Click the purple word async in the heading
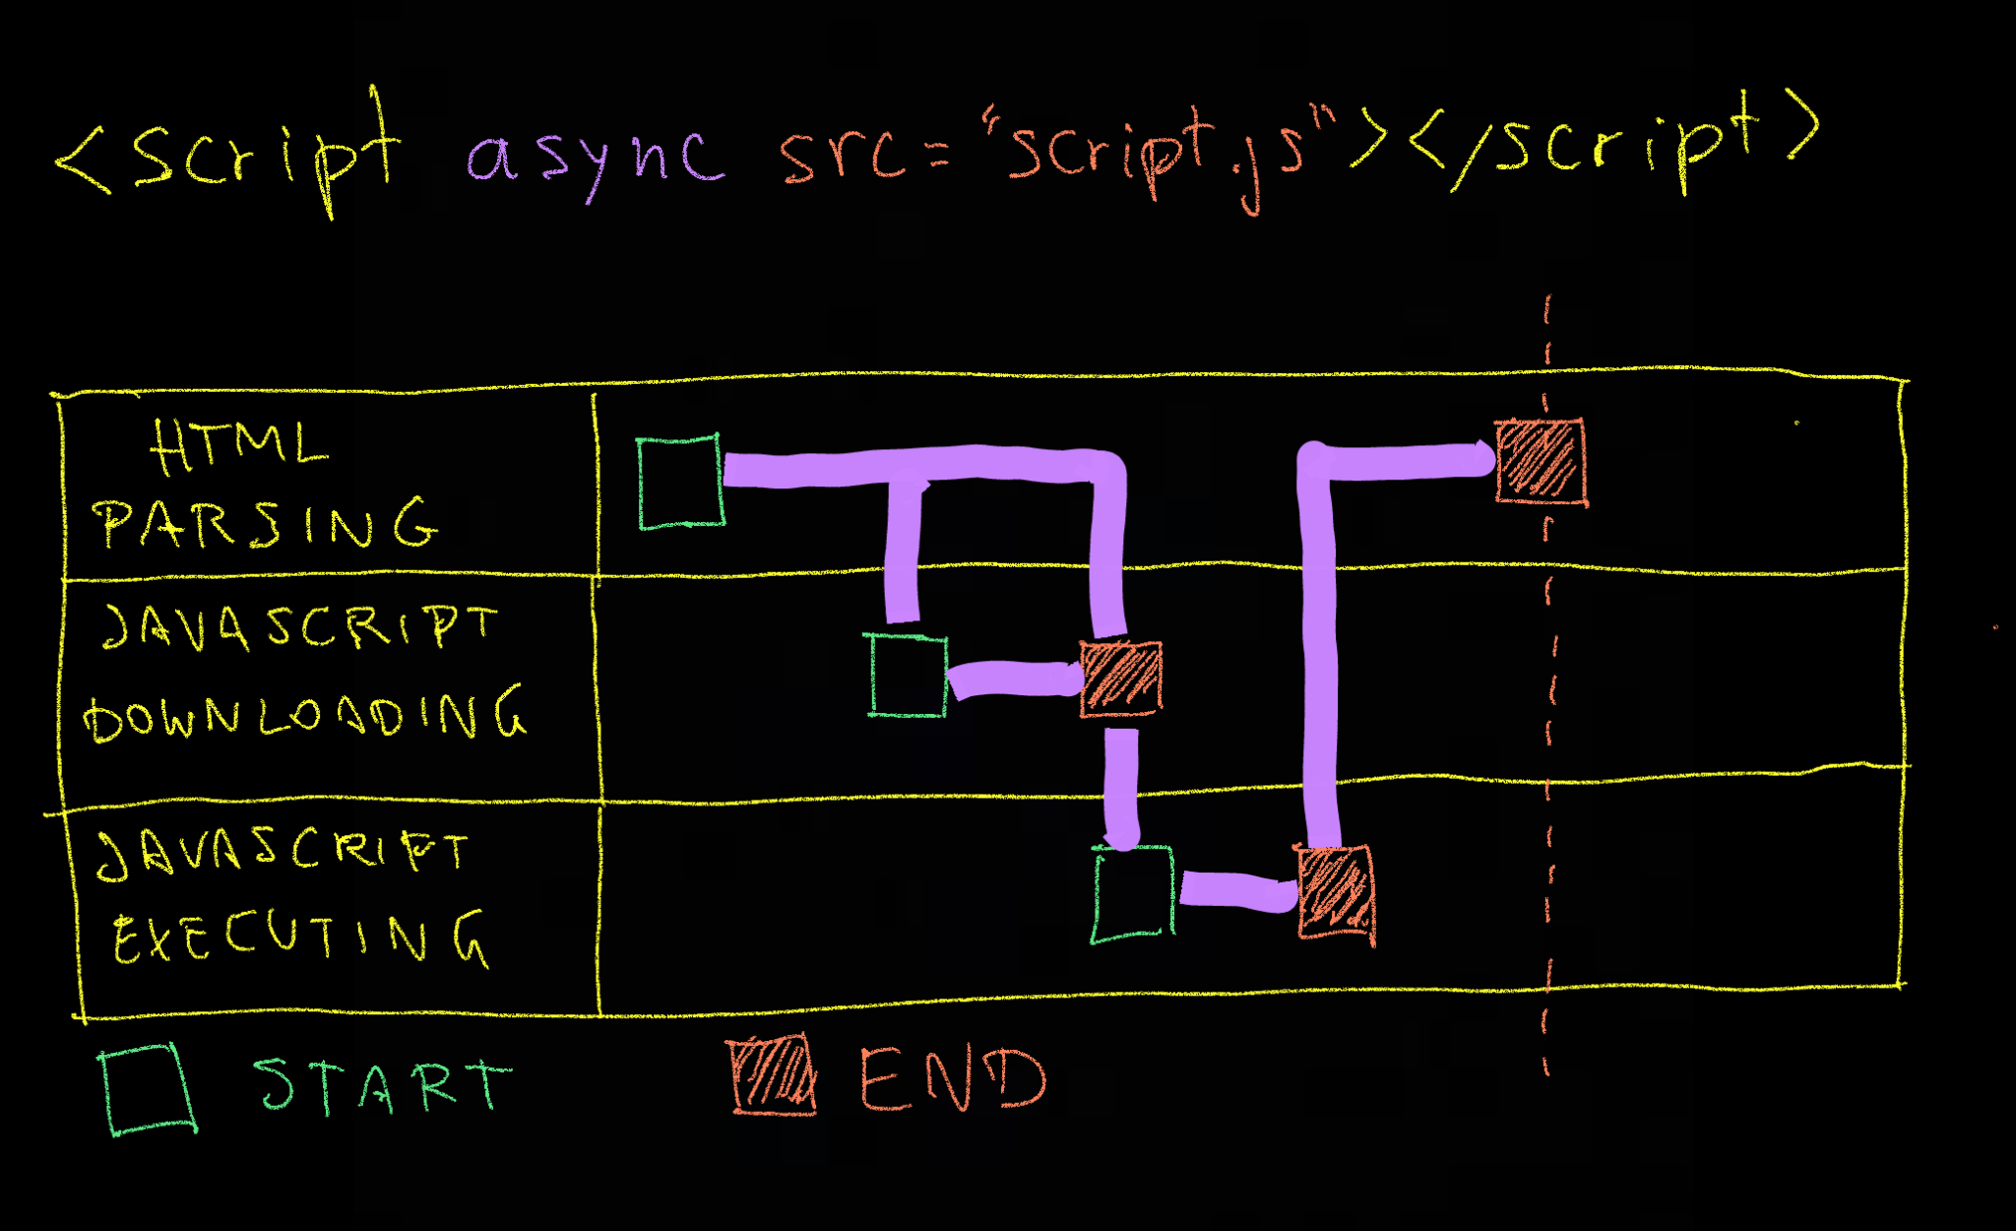tap(596, 158)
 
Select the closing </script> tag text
tap(1614, 143)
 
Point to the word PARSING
tap(266, 522)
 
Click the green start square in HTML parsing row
tap(680, 483)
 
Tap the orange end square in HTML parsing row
tap(1541, 461)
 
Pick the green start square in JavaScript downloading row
tap(908, 676)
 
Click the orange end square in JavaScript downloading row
tap(1120, 679)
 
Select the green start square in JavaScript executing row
tap(1132, 894)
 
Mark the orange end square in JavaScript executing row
tap(1336, 893)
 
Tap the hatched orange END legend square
tap(774, 1074)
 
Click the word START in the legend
tap(382, 1085)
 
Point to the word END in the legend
tap(952, 1078)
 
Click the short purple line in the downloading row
tap(1014, 679)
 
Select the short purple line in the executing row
tap(1236, 891)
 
